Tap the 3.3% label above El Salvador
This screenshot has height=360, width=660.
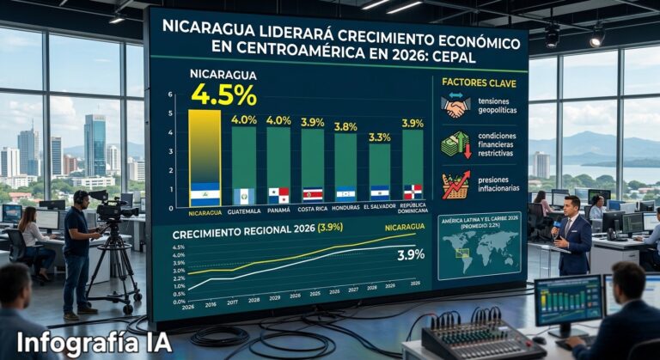click(379, 137)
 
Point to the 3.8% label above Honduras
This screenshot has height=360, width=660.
click(345, 127)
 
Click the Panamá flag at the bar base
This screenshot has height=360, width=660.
click(278, 195)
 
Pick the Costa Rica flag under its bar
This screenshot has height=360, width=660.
click(312, 194)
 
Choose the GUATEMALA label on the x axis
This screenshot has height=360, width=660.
click(244, 209)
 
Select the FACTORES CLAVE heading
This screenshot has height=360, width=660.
click(479, 82)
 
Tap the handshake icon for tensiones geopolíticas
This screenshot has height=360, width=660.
click(455, 107)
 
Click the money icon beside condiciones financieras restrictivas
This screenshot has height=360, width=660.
click(455, 143)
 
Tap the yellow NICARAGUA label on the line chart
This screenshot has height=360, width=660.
click(404, 227)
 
